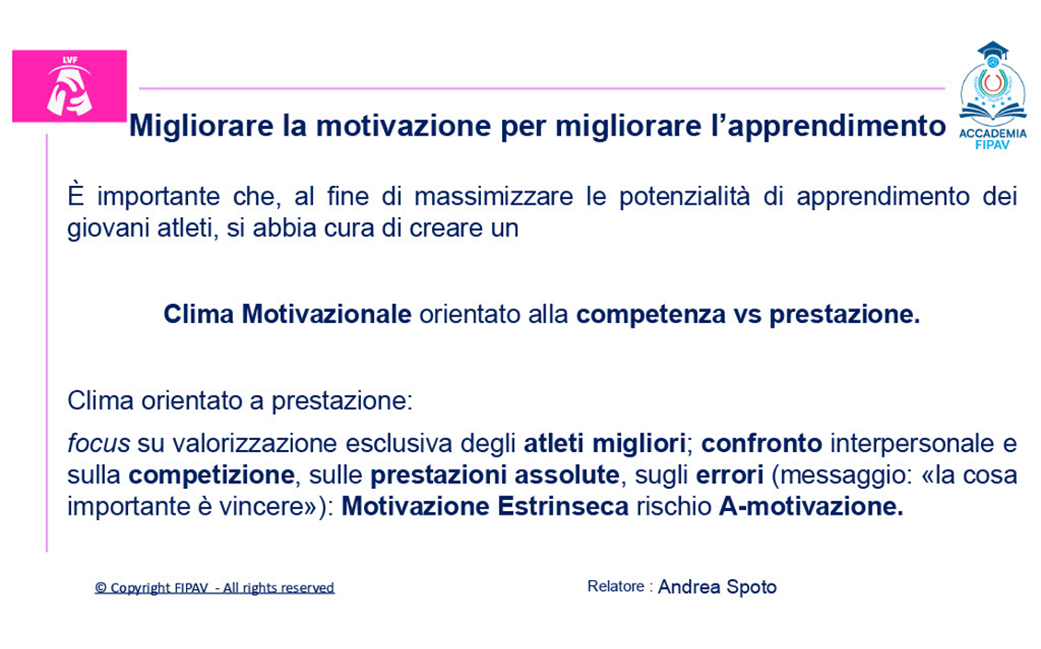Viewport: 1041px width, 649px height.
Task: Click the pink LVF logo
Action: [69, 87]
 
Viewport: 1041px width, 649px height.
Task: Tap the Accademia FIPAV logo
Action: [992, 96]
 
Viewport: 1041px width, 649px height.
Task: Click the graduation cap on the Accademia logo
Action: [992, 52]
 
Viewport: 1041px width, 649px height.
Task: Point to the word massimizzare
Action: [493, 197]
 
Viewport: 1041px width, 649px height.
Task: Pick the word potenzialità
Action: [684, 197]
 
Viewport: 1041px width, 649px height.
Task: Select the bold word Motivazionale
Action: [326, 315]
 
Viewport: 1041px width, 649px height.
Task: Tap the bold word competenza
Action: [650, 315]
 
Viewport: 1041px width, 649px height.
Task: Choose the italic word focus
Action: [99, 444]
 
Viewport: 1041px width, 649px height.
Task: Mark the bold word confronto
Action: [762, 444]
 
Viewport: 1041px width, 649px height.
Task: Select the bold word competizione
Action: [211, 475]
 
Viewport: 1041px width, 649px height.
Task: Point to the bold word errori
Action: [729, 475]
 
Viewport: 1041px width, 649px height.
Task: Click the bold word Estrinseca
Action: [563, 506]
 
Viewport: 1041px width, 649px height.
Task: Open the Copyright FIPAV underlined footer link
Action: [215, 587]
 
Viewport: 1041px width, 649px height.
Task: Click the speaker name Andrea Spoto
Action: [717, 587]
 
